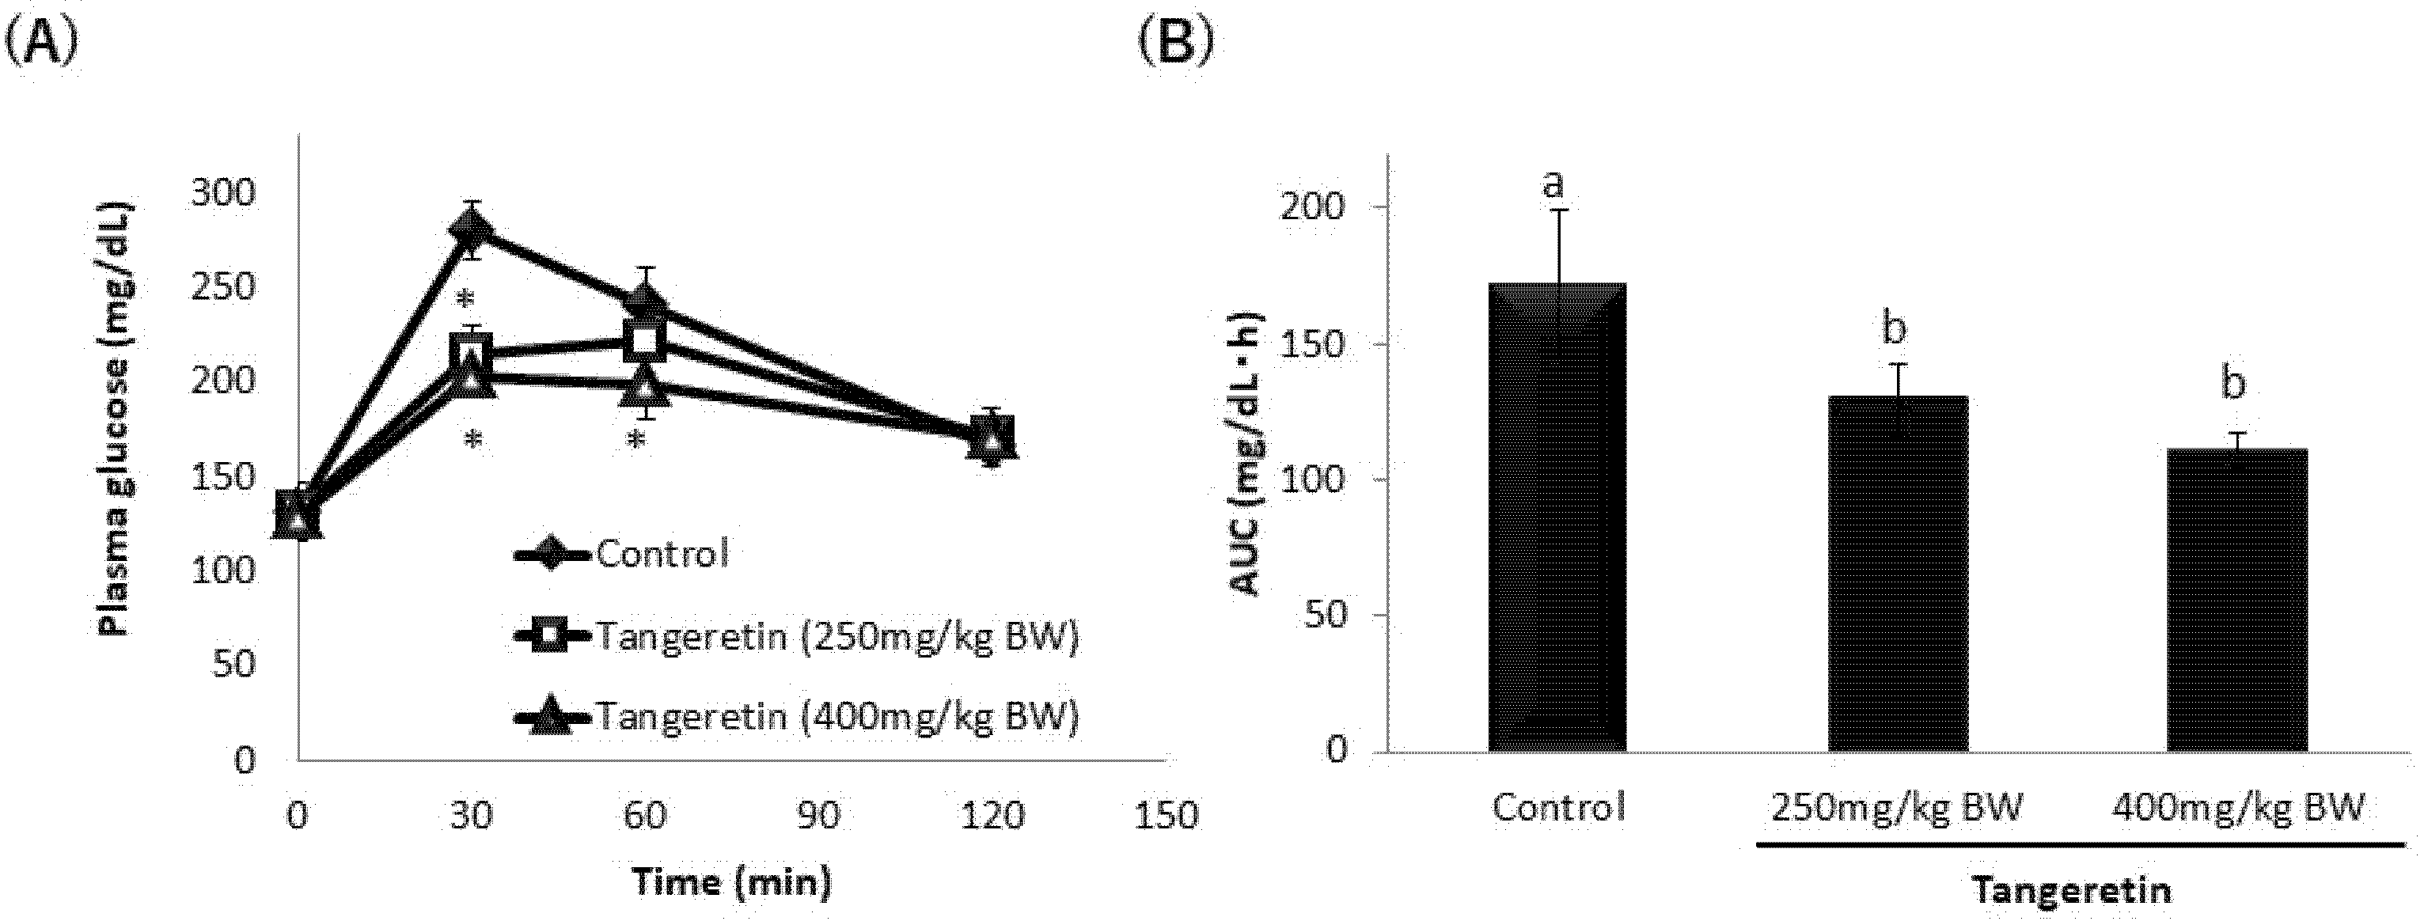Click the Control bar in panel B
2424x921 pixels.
[1557, 517]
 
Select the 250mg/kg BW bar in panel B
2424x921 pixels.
[1898, 574]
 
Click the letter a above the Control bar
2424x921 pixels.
[1553, 184]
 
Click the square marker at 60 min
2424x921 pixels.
[646, 339]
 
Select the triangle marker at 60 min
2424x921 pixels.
[645, 385]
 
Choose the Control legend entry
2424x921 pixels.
[621, 554]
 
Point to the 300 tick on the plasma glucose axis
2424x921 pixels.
[223, 194]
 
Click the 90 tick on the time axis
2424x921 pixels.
[817, 815]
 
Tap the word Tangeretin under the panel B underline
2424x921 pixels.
[2071, 890]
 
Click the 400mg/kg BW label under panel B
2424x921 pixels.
[2236, 807]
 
